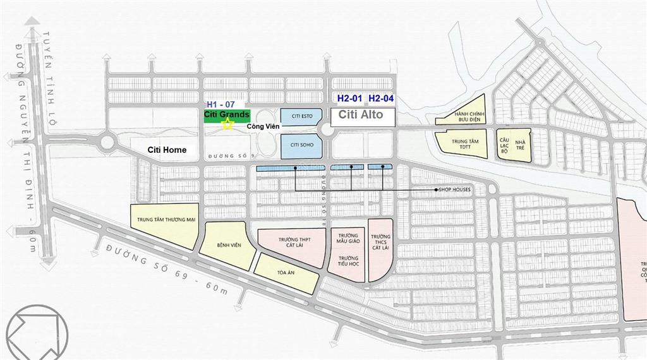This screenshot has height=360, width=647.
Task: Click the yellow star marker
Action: tap(227, 125)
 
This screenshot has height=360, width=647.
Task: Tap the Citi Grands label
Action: tap(227, 115)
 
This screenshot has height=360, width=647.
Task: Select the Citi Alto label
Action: tap(361, 115)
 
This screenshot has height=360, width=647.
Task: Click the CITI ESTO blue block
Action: tap(301, 116)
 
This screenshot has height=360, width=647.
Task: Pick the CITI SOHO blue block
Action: tap(301, 145)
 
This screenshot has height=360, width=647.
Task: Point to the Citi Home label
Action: tap(167, 150)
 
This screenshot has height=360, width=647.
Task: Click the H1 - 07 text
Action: tap(221, 104)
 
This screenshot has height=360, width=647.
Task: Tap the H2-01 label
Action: tap(350, 98)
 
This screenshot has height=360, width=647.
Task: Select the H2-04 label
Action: tap(381, 98)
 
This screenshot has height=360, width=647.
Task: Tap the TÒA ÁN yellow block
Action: tap(286, 274)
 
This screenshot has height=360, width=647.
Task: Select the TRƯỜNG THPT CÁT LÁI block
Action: tap(293, 244)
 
